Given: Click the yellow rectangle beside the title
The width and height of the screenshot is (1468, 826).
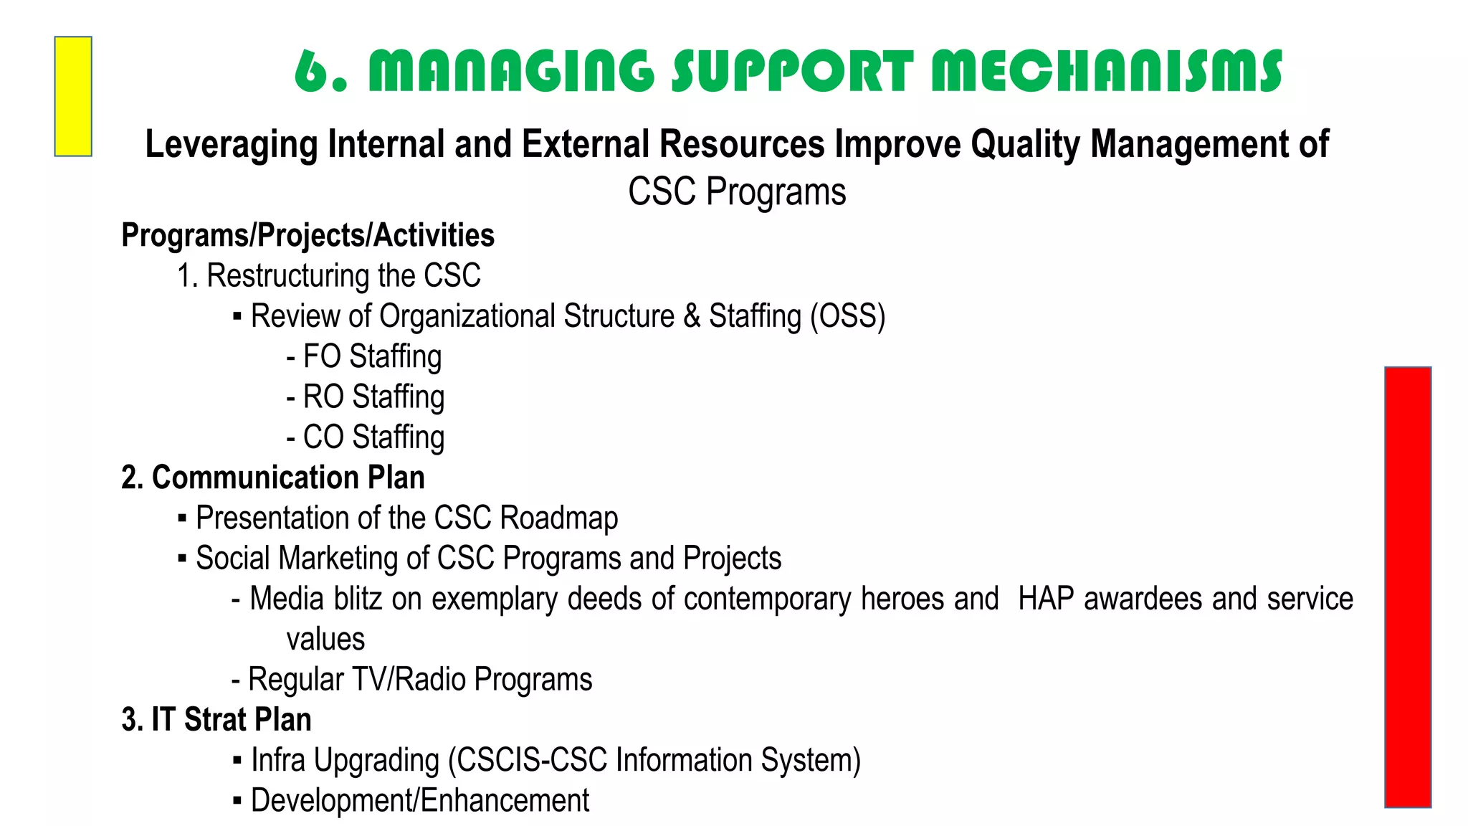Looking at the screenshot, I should [73, 96].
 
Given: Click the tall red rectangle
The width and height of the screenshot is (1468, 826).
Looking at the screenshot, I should [1408, 587].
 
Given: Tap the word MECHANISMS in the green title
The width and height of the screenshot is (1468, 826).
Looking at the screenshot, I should [1106, 72].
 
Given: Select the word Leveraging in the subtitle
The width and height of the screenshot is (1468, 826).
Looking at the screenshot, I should [231, 145].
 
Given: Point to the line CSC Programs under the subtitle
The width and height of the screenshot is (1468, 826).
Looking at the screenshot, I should [737, 192].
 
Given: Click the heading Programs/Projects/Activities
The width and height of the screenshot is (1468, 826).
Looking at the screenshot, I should [308, 235].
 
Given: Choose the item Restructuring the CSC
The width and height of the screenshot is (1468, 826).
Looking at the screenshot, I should [329, 276].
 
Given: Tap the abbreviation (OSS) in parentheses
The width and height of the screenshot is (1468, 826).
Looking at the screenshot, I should [847, 316].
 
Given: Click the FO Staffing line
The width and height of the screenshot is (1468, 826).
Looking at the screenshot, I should [364, 356].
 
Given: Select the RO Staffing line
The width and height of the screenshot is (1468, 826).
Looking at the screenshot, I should [366, 397].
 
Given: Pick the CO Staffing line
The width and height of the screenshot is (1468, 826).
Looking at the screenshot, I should [366, 437].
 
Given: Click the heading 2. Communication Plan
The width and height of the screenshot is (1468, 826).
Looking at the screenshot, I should [273, 478].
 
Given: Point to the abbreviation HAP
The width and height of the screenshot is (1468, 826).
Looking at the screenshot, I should [1046, 599].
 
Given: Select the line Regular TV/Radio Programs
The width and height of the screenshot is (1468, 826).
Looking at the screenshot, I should [412, 680].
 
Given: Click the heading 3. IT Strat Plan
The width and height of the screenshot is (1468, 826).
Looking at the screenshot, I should [216, 720].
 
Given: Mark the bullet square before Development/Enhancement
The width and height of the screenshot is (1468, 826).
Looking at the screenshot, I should [237, 801].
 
